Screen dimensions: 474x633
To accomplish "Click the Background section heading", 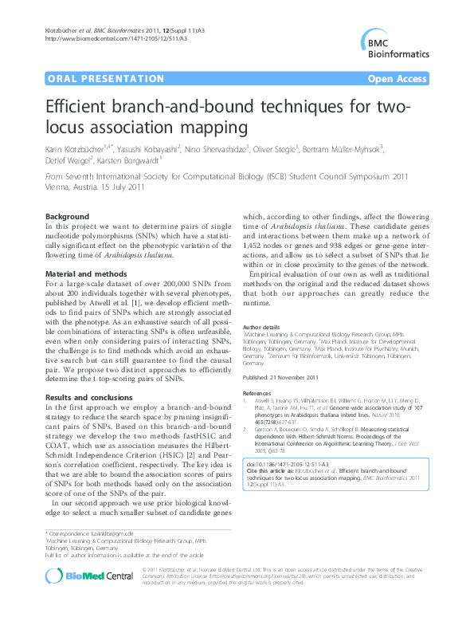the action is pyautogui.click(x=67, y=217).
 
